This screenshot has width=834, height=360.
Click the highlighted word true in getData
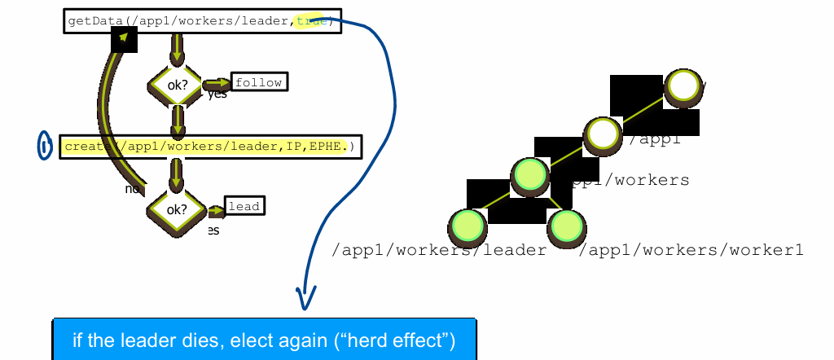tap(309, 22)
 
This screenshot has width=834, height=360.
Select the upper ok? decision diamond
tap(175, 85)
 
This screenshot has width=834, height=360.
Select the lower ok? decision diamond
tap(176, 209)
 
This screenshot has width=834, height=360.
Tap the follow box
tap(260, 82)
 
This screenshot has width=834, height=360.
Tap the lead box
tap(244, 207)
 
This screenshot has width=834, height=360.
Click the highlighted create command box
tap(210, 147)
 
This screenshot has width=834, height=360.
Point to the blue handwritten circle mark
tap(44, 146)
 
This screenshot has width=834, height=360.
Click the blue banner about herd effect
tap(264, 340)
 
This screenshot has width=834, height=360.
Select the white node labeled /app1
tap(604, 133)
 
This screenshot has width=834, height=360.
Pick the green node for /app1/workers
tap(530, 175)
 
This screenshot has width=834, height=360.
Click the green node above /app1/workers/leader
tap(467, 225)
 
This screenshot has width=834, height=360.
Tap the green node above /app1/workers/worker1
tap(565, 226)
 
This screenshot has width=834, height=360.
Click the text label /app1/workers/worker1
tap(691, 250)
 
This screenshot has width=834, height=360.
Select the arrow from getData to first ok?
tap(176, 52)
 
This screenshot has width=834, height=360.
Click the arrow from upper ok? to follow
tap(216, 84)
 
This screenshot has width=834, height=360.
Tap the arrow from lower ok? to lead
tap(216, 212)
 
